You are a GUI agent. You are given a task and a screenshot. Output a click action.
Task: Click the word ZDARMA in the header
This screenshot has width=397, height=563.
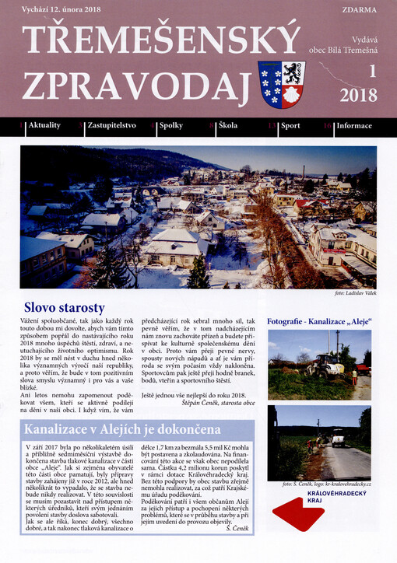click(359, 12)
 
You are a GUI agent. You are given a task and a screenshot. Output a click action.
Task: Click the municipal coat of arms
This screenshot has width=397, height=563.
click(281, 85)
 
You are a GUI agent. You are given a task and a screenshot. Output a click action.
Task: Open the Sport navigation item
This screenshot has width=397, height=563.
click(290, 125)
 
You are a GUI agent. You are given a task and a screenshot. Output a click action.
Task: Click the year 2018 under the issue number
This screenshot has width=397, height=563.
click(358, 96)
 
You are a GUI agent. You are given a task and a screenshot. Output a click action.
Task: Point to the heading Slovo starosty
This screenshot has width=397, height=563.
click(64, 307)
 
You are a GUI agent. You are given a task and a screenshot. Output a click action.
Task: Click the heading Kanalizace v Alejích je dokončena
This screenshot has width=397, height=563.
click(122, 429)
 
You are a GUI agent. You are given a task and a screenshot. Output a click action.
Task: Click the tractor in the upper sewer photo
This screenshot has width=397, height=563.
click(325, 365)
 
